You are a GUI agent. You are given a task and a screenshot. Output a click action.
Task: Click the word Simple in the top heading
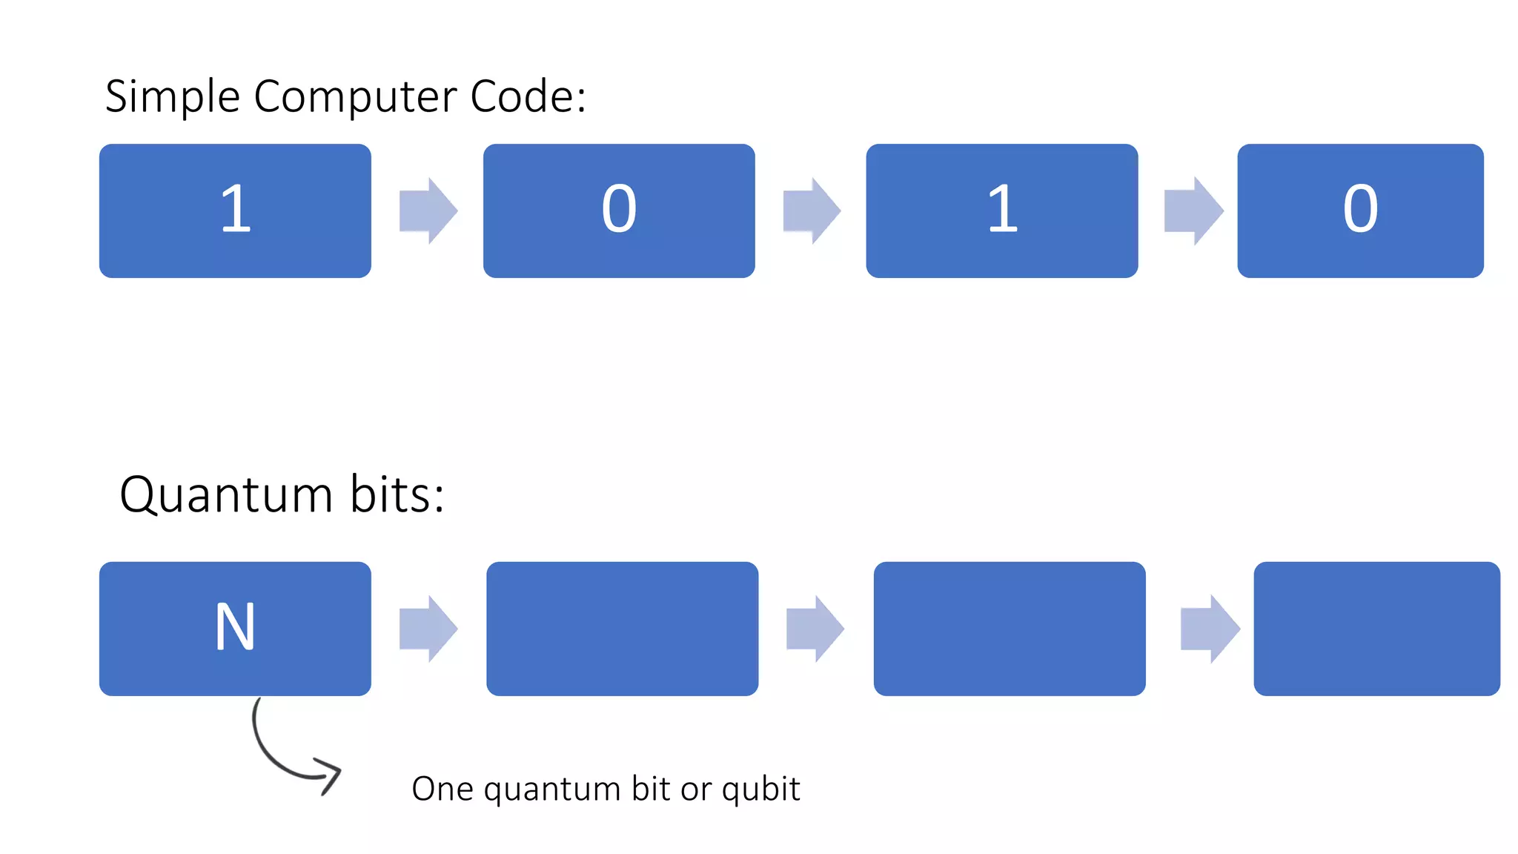tap(172, 97)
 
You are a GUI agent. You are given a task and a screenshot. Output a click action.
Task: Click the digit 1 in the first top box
tap(236, 210)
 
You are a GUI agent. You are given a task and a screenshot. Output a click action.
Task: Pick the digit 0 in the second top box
tap(619, 210)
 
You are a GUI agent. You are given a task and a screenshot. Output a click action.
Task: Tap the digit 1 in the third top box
tap(1002, 210)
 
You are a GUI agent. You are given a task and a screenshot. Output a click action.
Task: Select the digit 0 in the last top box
tap(1360, 210)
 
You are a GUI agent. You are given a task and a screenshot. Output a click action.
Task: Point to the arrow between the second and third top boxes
tap(812, 211)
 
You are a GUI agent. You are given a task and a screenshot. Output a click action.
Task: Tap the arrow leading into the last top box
tap(1193, 211)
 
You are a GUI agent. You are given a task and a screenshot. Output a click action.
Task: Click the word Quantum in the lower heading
tap(226, 495)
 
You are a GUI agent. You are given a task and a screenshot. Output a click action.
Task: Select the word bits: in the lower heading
tap(397, 495)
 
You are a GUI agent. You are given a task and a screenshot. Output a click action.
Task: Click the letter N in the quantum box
tap(235, 627)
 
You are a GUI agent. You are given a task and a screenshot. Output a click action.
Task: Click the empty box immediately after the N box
tap(622, 629)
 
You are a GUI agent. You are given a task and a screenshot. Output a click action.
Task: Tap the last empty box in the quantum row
tap(1376, 629)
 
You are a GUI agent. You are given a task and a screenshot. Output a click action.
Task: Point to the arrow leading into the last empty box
tap(1210, 629)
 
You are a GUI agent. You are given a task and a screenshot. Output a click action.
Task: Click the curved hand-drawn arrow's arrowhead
tap(329, 775)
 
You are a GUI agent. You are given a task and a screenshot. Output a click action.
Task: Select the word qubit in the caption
tap(760, 790)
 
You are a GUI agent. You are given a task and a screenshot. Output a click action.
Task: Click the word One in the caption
tap(443, 790)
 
